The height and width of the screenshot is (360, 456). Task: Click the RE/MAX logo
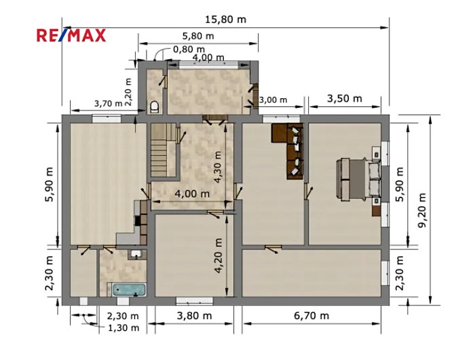click(x=71, y=35)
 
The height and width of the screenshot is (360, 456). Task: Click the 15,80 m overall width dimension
click(x=226, y=20)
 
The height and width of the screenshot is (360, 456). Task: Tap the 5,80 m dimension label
click(x=198, y=36)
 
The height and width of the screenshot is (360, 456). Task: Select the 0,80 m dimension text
click(x=189, y=49)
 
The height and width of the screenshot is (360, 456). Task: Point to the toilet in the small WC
click(x=155, y=106)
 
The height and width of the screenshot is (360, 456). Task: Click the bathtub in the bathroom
click(x=129, y=289)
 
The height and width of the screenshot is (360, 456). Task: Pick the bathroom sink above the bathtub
click(x=136, y=254)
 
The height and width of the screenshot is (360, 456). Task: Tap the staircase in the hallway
click(x=159, y=150)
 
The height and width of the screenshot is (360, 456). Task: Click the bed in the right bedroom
click(x=358, y=179)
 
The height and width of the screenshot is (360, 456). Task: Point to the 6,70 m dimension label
click(x=311, y=315)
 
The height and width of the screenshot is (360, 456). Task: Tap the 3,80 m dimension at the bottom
click(x=194, y=315)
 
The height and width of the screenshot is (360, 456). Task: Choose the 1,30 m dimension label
click(x=123, y=328)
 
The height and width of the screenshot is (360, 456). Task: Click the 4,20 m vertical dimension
click(x=218, y=256)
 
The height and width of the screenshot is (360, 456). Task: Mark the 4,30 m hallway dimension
click(x=218, y=167)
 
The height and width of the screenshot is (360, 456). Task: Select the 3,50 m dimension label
click(x=345, y=98)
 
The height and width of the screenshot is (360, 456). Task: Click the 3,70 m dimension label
click(x=108, y=103)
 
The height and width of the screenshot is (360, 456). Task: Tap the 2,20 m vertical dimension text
click(x=128, y=92)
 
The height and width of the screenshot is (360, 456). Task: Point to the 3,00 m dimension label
click(x=273, y=100)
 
